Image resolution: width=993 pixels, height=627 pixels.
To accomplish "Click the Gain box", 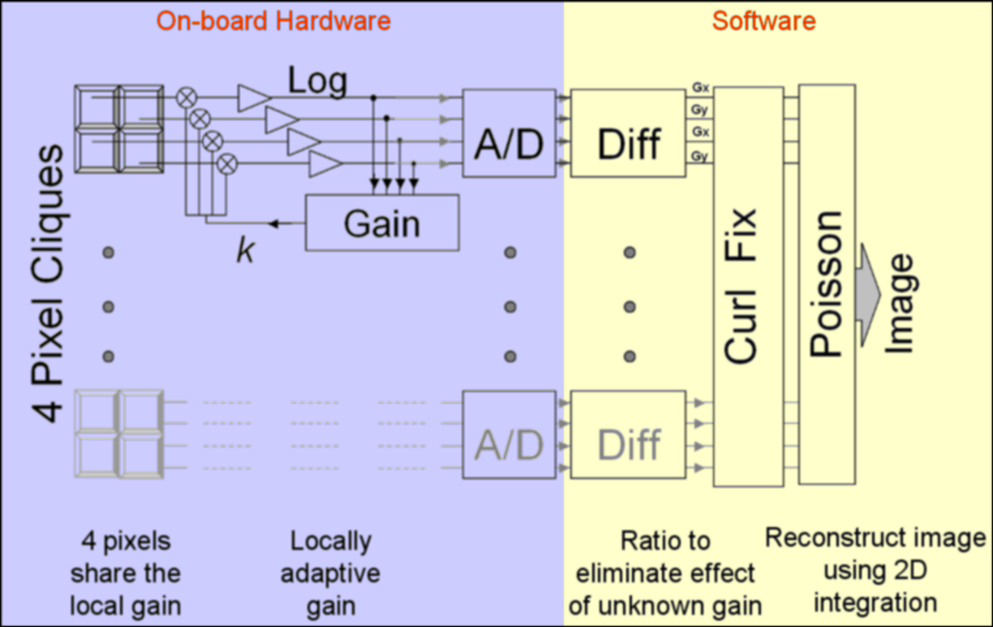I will click(381, 222).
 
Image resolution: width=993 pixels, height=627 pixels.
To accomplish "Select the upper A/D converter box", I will click(509, 133).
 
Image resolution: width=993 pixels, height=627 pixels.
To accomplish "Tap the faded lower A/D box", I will click(509, 435).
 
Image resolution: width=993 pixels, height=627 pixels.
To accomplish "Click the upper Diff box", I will click(628, 133).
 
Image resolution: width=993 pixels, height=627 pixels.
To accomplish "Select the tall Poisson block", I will click(827, 284).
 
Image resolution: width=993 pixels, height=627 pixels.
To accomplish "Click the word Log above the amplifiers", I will click(317, 81).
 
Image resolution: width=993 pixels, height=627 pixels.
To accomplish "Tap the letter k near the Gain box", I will click(245, 251).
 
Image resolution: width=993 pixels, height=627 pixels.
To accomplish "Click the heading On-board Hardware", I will click(273, 21).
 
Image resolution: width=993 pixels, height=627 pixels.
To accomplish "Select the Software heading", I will click(763, 21).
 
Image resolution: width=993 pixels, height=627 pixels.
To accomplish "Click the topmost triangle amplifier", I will click(252, 98).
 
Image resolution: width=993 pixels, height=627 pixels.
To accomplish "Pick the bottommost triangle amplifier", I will click(325, 163).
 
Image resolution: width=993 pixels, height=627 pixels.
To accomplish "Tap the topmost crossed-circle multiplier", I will click(187, 98).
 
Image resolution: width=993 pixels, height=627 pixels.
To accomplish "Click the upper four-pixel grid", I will click(119, 129).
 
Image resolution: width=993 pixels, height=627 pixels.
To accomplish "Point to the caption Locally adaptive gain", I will click(330, 573).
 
